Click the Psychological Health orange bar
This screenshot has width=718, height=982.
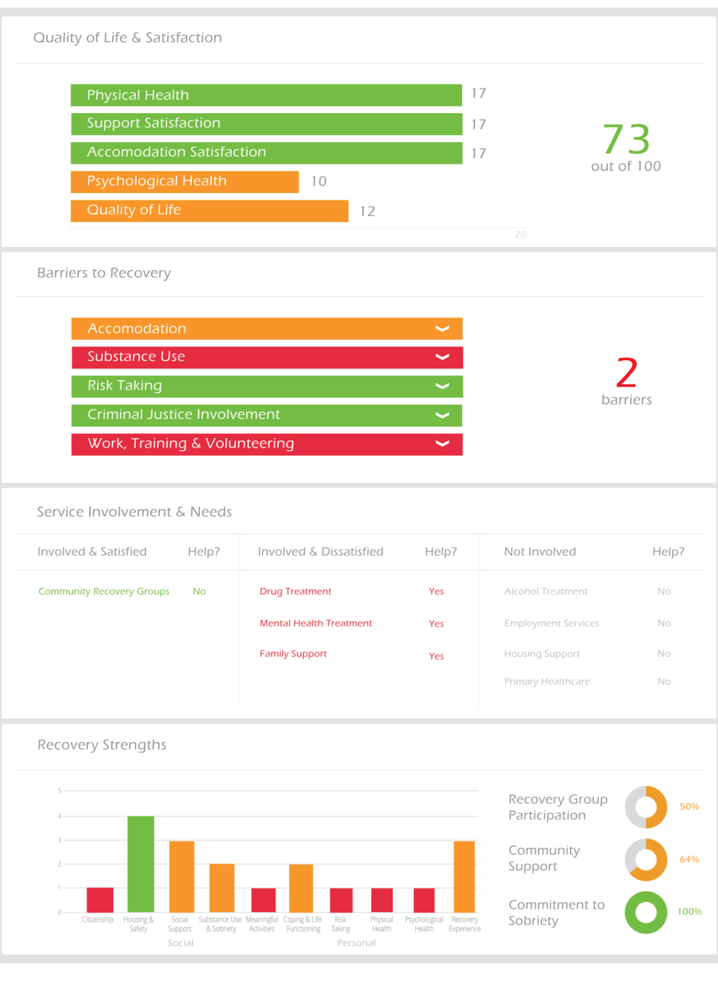[185, 181]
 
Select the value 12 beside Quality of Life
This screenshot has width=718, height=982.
[368, 211]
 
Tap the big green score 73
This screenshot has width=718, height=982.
[626, 139]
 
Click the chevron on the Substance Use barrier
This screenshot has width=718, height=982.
[443, 357]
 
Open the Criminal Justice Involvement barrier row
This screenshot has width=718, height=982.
[267, 415]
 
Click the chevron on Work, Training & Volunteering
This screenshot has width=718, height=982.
[443, 444]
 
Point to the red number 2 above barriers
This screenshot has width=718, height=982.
[626, 373]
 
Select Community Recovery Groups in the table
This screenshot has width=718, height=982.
[104, 591]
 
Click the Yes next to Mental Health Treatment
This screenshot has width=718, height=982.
[436, 624]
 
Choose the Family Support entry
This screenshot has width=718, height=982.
[293, 653]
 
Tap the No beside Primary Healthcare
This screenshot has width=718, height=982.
[664, 682]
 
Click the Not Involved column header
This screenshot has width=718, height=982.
[540, 552]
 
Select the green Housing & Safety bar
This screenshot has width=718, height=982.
[140, 864]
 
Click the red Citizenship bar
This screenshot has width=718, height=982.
[100, 900]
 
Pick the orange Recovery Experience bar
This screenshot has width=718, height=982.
[464, 877]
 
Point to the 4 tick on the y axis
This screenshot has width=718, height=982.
[60, 816]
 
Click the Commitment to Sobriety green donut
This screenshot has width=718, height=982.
[646, 912]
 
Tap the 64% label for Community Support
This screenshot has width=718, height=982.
[689, 860]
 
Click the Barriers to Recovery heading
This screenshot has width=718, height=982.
[104, 273]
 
